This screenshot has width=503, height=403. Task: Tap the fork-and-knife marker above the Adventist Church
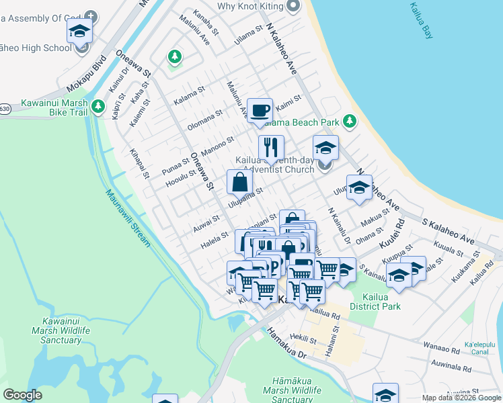271,148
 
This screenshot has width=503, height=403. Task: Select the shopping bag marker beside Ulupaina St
239,182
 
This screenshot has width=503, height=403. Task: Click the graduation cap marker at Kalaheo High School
79,32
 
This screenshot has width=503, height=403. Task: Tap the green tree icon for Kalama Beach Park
349,122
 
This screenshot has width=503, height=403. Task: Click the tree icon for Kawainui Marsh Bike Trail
98,106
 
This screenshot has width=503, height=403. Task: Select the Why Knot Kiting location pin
293,6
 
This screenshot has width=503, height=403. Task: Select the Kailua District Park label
381,302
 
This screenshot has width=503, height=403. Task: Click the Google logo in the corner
22,395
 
